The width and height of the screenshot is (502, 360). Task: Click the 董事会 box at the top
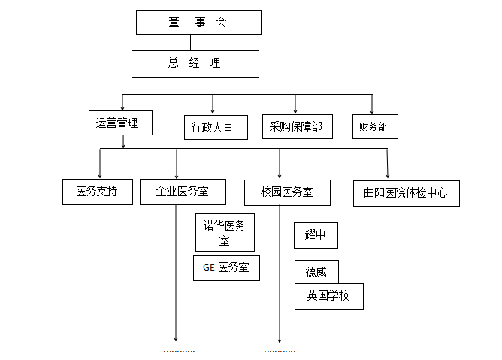(198, 22)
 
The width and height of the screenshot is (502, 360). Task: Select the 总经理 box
(195, 63)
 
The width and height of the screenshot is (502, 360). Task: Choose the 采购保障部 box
(296, 126)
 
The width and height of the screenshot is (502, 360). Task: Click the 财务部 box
(374, 126)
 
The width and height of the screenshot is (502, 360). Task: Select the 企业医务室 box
(183, 191)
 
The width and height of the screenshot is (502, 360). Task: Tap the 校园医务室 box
(288, 191)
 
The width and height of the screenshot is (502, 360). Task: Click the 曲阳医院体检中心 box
(406, 192)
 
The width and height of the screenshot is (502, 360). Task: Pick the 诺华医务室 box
(225, 232)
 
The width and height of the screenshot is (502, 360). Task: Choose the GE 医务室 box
(226, 268)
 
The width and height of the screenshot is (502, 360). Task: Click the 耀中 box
(316, 235)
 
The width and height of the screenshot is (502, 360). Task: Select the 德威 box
(316, 272)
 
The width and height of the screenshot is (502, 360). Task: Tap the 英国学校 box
(328, 295)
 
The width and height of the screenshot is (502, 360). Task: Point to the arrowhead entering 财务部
(372, 110)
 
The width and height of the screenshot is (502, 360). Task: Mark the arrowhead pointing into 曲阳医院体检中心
(388, 174)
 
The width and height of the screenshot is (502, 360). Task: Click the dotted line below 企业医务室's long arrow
(180, 351)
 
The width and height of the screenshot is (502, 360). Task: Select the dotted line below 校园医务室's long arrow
(280, 351)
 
